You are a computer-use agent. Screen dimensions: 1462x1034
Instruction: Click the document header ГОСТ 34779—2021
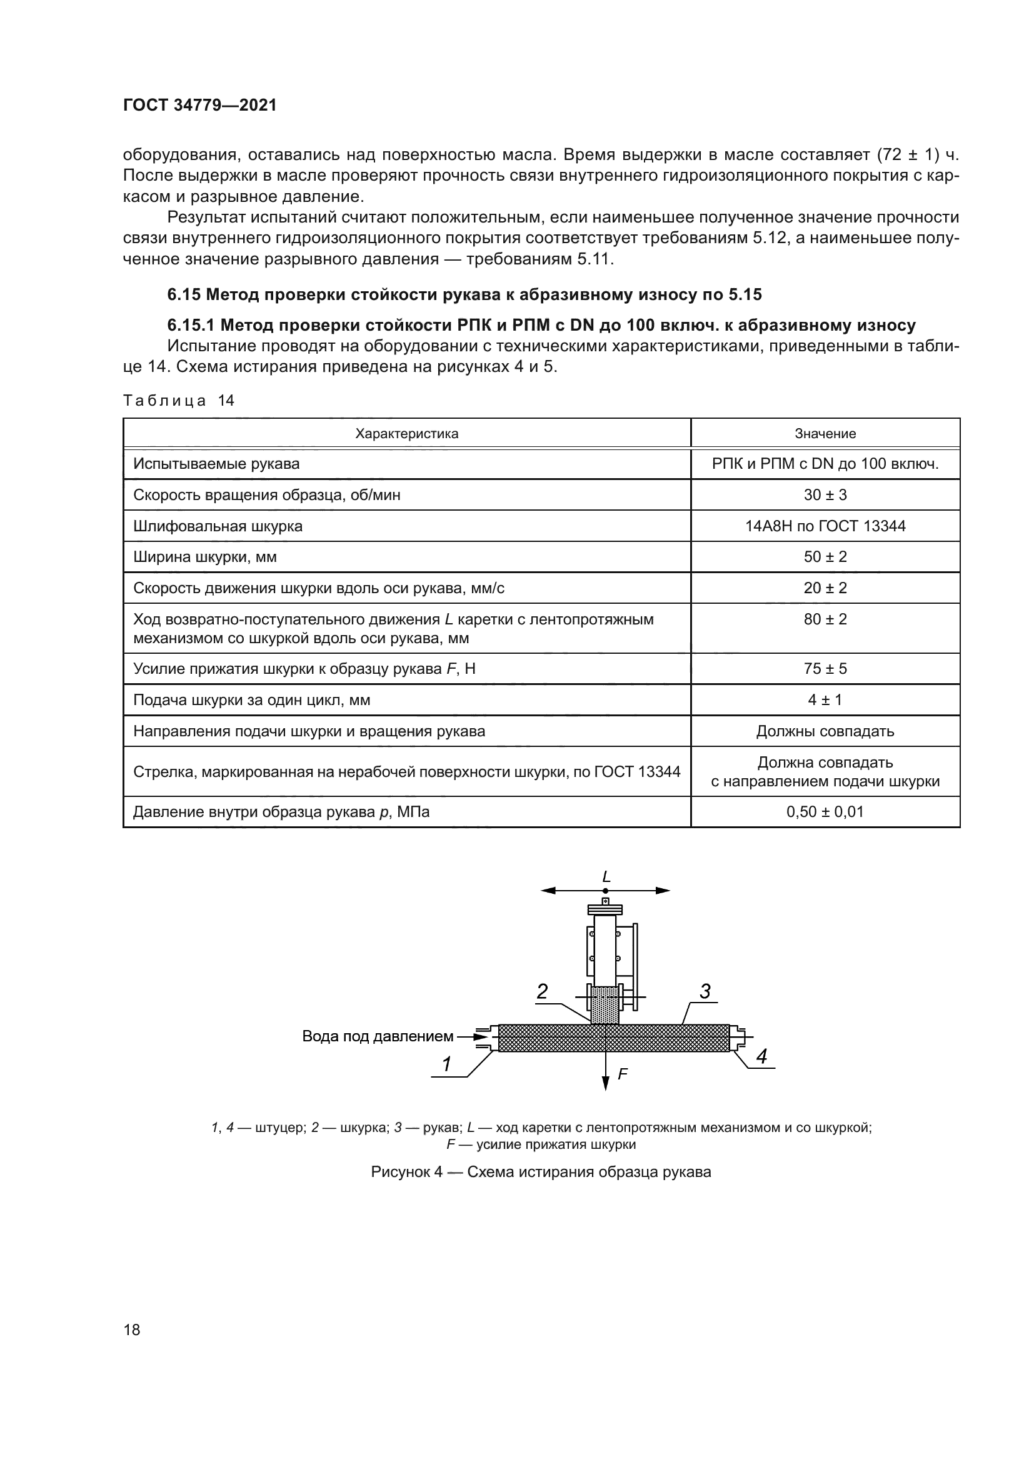pyautogui.click(x=199, y=105)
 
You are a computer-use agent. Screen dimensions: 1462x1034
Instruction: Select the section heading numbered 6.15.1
pyautogui.click(x=541, y=326)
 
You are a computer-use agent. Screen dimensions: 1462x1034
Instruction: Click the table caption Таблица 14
pyautogui.click(x=179, y=401)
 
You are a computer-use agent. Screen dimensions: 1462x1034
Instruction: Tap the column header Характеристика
pyautogui.click(x=406, y=434)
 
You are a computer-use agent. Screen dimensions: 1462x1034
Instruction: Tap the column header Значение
pyautogui.click(x=825, y=434)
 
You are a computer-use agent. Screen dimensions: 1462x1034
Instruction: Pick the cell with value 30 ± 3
pyautogui.click(x=825, y=495)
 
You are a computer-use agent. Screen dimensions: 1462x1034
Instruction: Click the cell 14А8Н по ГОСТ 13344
pyautogui.click(x=825, y=526)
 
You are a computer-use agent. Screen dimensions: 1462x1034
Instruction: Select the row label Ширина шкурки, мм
pyautogui.click(x=205, y=557)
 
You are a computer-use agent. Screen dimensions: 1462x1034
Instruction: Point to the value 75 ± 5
pyautogui.click(x=825, y=669)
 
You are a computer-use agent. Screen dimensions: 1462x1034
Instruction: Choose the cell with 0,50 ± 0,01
pyautogui.click(x=825, y=812)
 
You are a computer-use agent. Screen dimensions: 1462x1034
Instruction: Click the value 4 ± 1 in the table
pyautogui.click(x=825, y=700)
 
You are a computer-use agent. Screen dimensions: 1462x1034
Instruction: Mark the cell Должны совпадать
pyautogui.click(x=825, y=731)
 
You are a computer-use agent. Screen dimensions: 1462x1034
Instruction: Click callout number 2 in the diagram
pyautogui.click(x=542, y=991)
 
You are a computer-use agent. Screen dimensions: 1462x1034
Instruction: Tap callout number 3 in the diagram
pyautogui.click(x=705, y=991)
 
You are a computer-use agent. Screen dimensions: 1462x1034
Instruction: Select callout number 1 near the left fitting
pyautogui.click(x=447, y=1063)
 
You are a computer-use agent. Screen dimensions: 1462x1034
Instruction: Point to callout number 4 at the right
pyautogui.click(x=761, y=1056)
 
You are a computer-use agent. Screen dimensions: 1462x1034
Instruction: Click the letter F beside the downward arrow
pyautogui.click(x=623, y=1074)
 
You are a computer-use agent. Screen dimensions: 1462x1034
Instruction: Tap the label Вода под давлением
pyautogui.click(x=378, y=1036)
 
